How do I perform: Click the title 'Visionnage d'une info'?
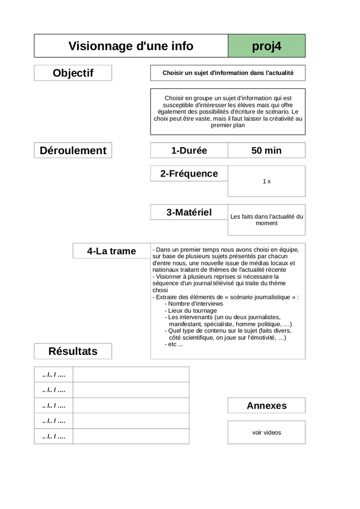pos(131,46)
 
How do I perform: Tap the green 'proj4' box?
pos(267,46)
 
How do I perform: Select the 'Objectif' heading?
pos(73,73)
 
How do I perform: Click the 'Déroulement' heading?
pos(73,151)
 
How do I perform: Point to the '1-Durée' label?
pos(189,151)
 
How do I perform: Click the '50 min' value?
pos(267,151)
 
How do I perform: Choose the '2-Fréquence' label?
pos(189,173)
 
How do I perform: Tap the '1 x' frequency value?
pos(267,181)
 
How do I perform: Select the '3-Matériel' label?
pos(189,212)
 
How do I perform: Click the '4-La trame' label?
pos(111,251)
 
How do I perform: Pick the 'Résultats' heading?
pos(73,351)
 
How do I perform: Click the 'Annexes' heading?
pos(267,406)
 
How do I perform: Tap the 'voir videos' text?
pos(267,432)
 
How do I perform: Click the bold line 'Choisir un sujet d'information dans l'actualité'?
pos(228,73)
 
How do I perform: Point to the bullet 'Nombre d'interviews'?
pos(195,304)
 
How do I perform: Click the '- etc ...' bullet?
pos(174,344)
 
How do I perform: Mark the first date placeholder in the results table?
pos(54,374)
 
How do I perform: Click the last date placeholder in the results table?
pos(54,436)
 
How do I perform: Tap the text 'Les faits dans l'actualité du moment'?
pos(267,220)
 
